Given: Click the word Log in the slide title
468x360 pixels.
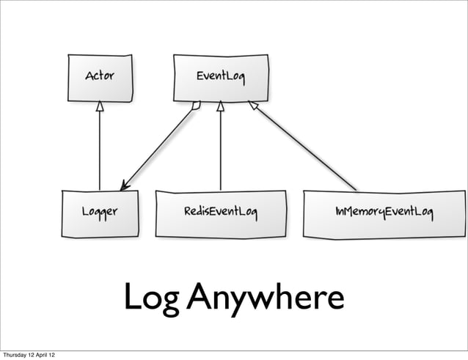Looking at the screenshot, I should click(x=150, y=298).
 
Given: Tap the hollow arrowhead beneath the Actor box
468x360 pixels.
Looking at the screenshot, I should click(x=100, y=106).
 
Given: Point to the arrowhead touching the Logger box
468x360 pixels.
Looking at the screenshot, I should click(x=125, y=185).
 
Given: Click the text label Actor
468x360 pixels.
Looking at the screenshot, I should click(x=100, y=76).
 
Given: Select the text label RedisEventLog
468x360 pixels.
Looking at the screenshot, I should click(x=221, y=213).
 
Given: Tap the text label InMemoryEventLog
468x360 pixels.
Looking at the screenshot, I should click(x=384, y=213).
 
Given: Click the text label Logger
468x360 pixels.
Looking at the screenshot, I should click(x=100, y=213).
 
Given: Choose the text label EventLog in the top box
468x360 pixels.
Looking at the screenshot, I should click(x=220, y=76).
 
